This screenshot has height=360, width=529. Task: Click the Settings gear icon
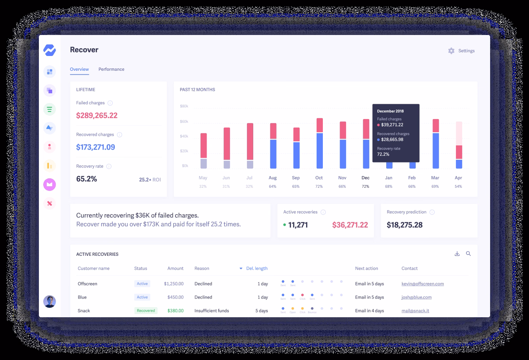(x=451, y=51)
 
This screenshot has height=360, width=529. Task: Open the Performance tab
(x=111, y=69)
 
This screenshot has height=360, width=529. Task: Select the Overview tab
(x=79, y=69)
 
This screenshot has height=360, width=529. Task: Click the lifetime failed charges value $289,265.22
(x=97, y=115)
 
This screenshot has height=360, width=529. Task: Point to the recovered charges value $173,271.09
(x=96, y=147)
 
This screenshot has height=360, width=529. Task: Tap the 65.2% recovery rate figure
(x=87, y=179)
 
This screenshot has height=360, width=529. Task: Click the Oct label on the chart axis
(x=319, y=178)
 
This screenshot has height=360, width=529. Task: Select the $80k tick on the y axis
(x=184, y=106)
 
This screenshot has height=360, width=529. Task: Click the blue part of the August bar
(x=273, y=154)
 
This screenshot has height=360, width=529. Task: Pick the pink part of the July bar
(x=250, y=142)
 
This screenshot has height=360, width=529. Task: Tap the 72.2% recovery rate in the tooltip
(x=383, y=154)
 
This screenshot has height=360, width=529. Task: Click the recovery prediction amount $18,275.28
(x=405, y=225)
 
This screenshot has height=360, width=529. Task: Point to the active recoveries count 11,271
(x=298, y=225)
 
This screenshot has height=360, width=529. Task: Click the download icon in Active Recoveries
(x=457, y=254)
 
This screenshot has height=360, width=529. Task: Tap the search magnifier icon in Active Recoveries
(x=468, y=254)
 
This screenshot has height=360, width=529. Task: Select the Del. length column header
(x=257, y=268)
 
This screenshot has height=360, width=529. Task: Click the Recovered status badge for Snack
(x=146, y=311)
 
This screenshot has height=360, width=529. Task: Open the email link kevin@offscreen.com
(x=422, y=284)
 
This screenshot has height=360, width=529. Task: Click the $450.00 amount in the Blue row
(x=175, y=297)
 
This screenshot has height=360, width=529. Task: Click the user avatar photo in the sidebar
(x=49, y=301)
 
